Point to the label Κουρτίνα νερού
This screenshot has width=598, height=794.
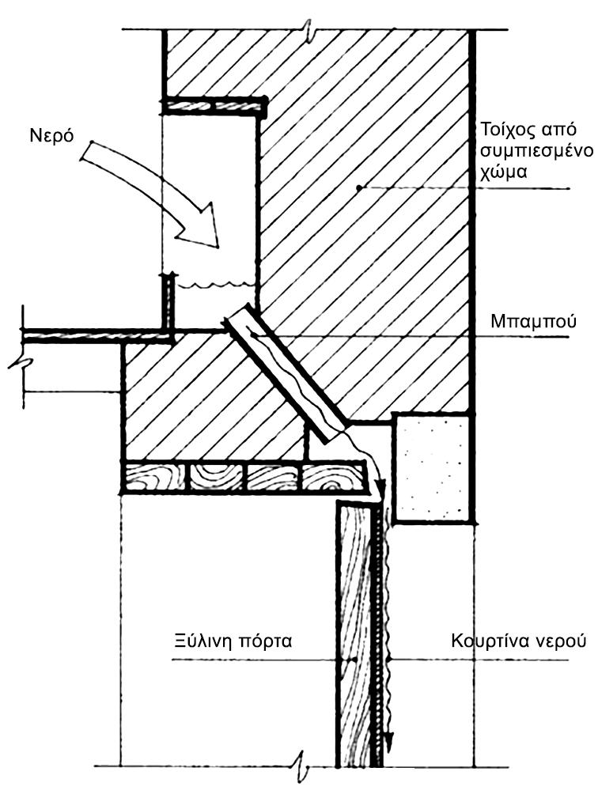(517, 639)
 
